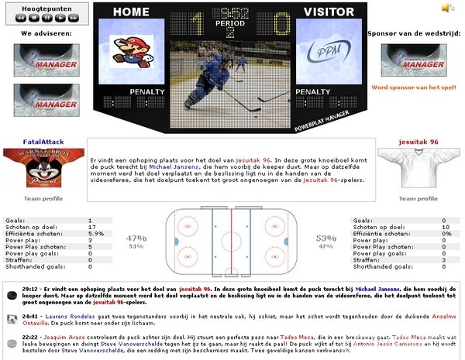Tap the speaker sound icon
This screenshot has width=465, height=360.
click(x=447, y=8)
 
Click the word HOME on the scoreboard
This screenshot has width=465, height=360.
click(x=132, y=12)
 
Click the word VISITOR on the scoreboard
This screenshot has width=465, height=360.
click(x=329, y=12)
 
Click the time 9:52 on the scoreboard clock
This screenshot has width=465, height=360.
click(x=230, y=13)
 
